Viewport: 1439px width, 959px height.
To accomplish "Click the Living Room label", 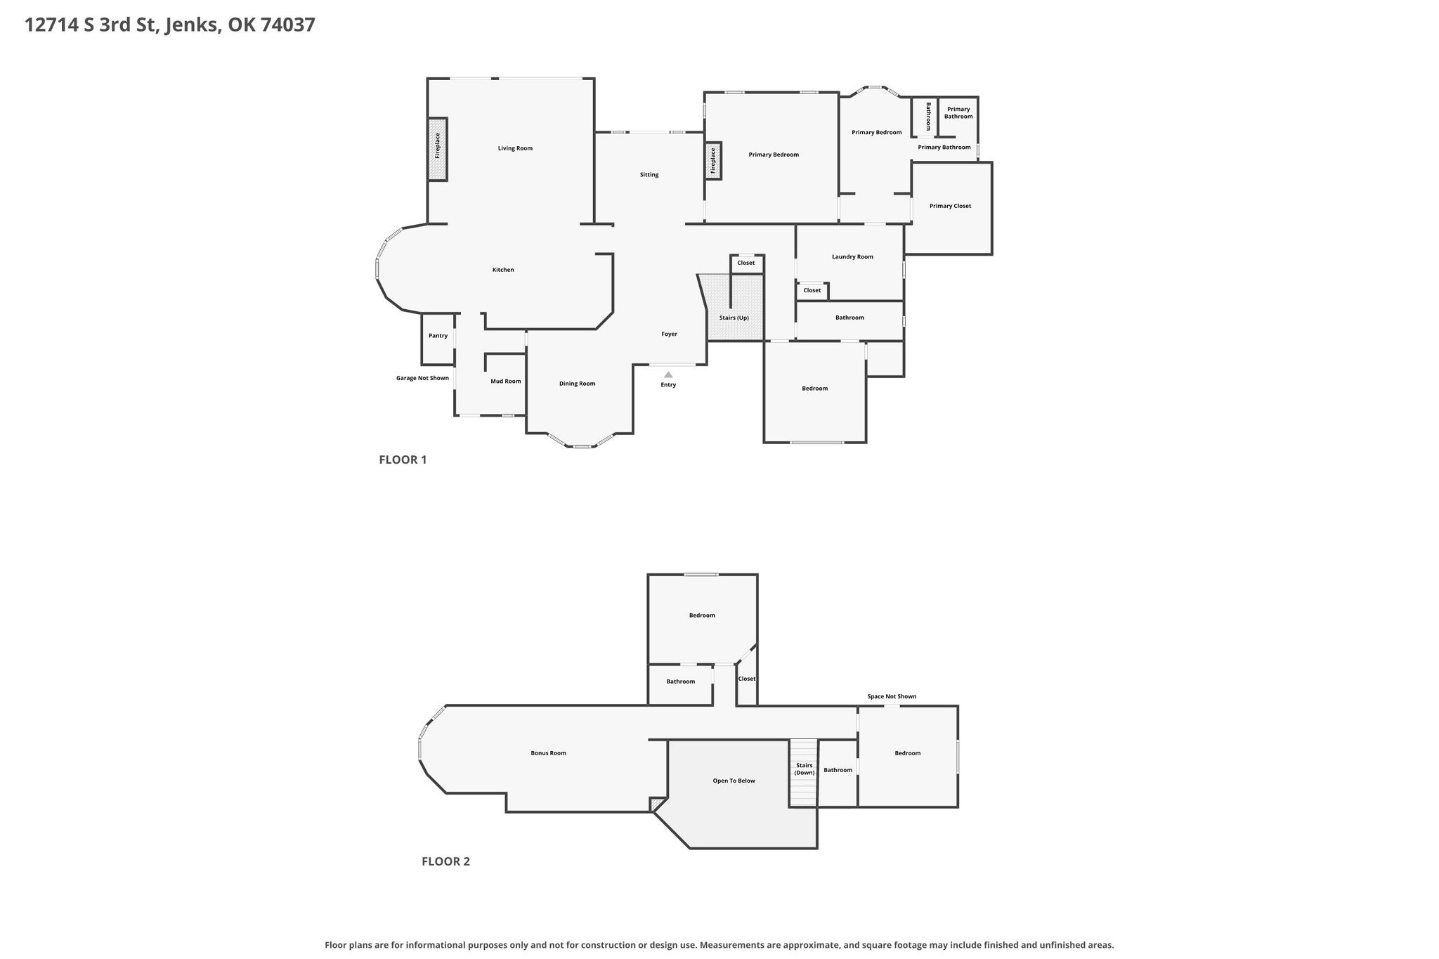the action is pos(515,148).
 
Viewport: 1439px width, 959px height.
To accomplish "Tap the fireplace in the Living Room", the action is pos(438,149).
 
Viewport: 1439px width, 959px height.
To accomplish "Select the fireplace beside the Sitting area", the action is pos(713,161).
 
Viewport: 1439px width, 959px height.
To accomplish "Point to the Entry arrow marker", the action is pos(668,375).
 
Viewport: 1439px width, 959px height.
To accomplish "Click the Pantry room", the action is pos(438,339).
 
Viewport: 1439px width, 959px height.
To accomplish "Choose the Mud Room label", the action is pos(506,381).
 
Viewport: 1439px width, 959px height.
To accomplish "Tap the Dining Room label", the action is pos(578,384).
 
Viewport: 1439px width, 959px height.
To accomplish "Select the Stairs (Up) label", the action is pos(734,318).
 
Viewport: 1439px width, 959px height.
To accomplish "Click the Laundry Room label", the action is pos(852,256).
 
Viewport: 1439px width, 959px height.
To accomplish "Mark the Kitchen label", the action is pos(503,270).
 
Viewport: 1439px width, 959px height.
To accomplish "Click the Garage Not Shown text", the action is pos(422,378).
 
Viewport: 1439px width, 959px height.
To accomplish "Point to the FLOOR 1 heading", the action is pos(403,460).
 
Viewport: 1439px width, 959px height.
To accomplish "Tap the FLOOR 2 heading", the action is pos(445,861).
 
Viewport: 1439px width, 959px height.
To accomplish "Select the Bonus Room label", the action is pos(548,753).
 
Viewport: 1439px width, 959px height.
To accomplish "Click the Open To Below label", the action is pos(734,781).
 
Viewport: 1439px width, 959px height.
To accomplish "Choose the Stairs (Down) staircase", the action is pos(804,773).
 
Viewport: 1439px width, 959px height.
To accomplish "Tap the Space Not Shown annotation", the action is pos(892,696).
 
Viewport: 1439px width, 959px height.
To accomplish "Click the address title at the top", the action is pos(170,25).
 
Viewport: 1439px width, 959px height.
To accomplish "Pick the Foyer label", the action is pos(669,334).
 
